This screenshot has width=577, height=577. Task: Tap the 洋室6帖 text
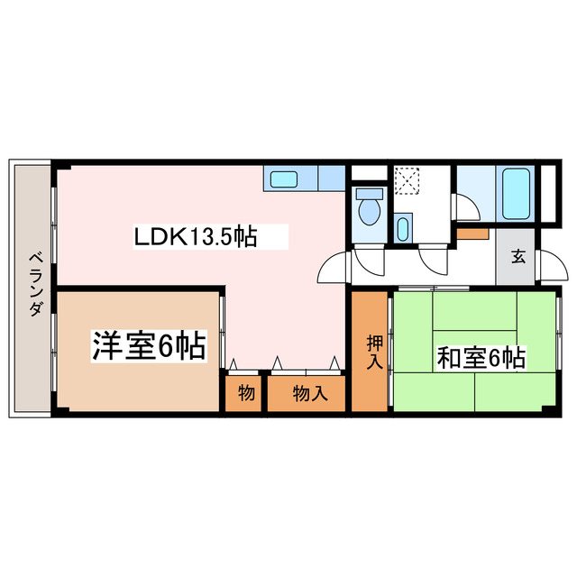click(147, 345)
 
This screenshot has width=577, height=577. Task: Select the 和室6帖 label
click(481, 357)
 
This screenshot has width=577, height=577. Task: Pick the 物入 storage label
click(306, 393)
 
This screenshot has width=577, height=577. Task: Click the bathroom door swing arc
click(469, 206)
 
